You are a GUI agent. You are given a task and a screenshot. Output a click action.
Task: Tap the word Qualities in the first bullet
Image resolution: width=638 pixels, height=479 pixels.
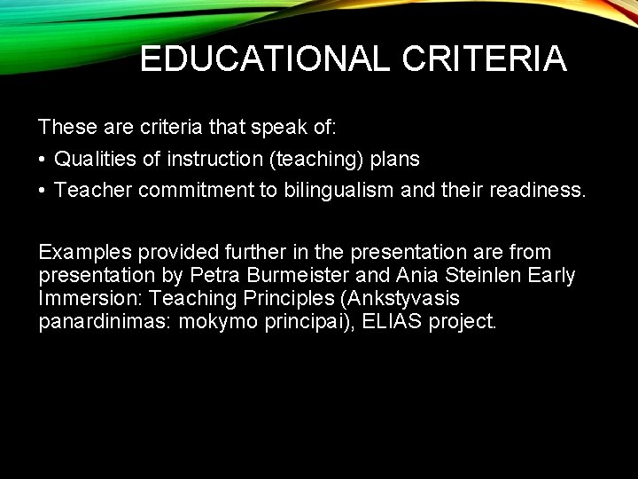pos(89,159)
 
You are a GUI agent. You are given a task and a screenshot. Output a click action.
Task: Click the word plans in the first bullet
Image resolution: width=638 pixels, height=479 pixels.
pos(395,159)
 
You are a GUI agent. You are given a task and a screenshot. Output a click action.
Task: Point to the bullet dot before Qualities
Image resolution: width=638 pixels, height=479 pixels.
pos(43,160)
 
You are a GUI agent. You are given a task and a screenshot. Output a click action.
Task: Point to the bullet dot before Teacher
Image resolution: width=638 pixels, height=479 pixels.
pos(43,190)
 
